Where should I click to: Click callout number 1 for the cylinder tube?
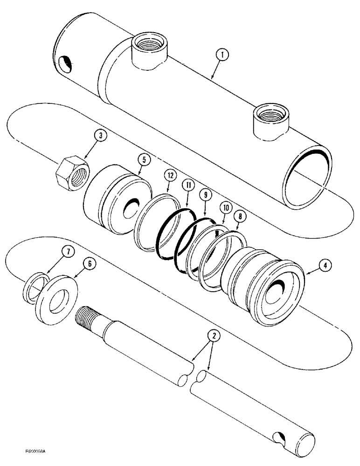click(x=223, y=55)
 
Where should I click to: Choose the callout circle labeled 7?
click(x=68, y=253)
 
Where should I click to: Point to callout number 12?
click(x=171, y=176)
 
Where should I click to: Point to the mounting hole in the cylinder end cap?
click(x=65, y=63)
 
